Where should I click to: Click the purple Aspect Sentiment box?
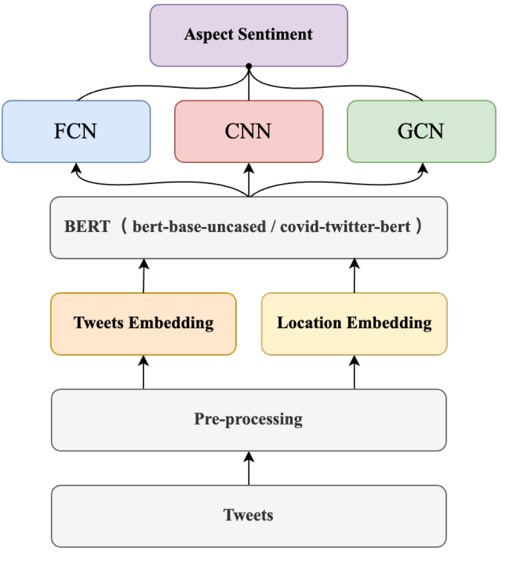(x=248, y=34)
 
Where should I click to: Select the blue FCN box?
(x=76, y=131)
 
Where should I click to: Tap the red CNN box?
(x=249, y=131)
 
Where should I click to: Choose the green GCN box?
(x=421, y=131)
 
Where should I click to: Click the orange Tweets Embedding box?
(x=144, y=323)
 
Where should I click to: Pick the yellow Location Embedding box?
(x=354, y=323)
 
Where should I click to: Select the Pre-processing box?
(x=249, y=419)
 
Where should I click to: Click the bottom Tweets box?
(x=249, y=515)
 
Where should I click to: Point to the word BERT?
(x=86, y=227)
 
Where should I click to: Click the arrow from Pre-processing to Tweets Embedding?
(x=144, y=372)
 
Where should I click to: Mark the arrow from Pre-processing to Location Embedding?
(x=354, y=372)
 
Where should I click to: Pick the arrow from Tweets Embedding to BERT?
(x=144, y=276)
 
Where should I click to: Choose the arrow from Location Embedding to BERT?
(x=354, y=276)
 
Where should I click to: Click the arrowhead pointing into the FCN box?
(x=76, y=167)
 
